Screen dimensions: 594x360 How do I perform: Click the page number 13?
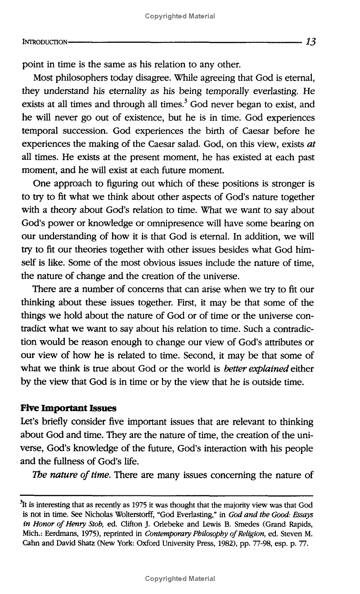pos(310,42)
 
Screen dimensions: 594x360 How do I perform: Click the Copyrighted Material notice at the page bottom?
pos(180,578)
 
